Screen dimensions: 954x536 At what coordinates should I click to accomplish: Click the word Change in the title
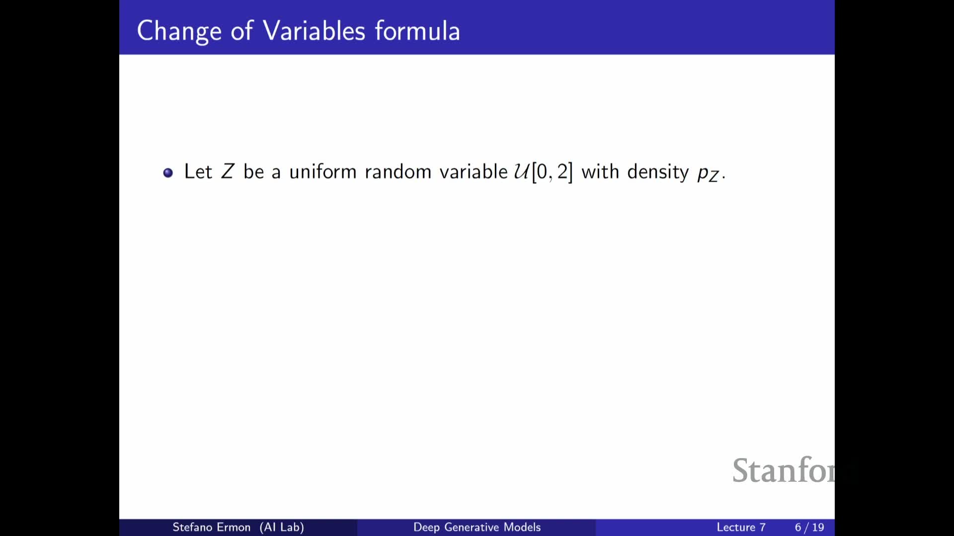(179, 32)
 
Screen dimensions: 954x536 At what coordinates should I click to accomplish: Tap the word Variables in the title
(314, 31)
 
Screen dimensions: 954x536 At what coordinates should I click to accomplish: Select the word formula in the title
(417, 30)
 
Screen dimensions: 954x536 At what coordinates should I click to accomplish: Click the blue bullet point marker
(168, 173)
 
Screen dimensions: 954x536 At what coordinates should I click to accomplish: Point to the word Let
(198, 172)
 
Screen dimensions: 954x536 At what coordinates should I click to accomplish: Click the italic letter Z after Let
(228, 172)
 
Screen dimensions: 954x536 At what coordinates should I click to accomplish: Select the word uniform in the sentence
(323, 172)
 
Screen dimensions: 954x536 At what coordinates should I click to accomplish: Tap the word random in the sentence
(398, 172)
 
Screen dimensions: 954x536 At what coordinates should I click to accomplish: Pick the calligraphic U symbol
(522, 172)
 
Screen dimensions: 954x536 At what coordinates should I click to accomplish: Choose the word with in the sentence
(600, 172)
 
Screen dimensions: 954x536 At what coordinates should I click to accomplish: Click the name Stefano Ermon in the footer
(211, 527)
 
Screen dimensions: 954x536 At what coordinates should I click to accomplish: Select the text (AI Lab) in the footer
(282, 527)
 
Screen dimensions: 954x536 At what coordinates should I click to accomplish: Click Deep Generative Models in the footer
(477, 527)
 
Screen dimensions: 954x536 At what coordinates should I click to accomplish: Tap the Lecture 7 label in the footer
(741, 528)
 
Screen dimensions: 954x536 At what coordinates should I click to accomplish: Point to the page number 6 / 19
(809, 528)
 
